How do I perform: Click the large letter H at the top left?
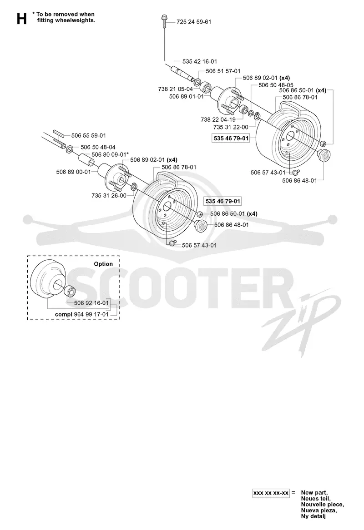21,19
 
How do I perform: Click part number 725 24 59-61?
194,22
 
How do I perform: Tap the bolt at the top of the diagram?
164,21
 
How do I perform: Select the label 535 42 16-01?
200,61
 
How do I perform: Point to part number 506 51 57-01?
223,71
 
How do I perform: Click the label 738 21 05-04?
175,89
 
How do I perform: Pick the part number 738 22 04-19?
218,119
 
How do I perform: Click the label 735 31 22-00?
231,127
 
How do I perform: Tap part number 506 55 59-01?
89,135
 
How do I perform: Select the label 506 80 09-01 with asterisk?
110,154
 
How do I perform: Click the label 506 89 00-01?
73,172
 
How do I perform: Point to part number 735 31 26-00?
109,196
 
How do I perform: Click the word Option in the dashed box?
103,264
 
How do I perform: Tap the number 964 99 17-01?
91,314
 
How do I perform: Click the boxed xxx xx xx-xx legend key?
271,493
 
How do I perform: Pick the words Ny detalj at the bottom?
313,516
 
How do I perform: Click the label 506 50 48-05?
276,85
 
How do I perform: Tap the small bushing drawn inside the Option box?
71,291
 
